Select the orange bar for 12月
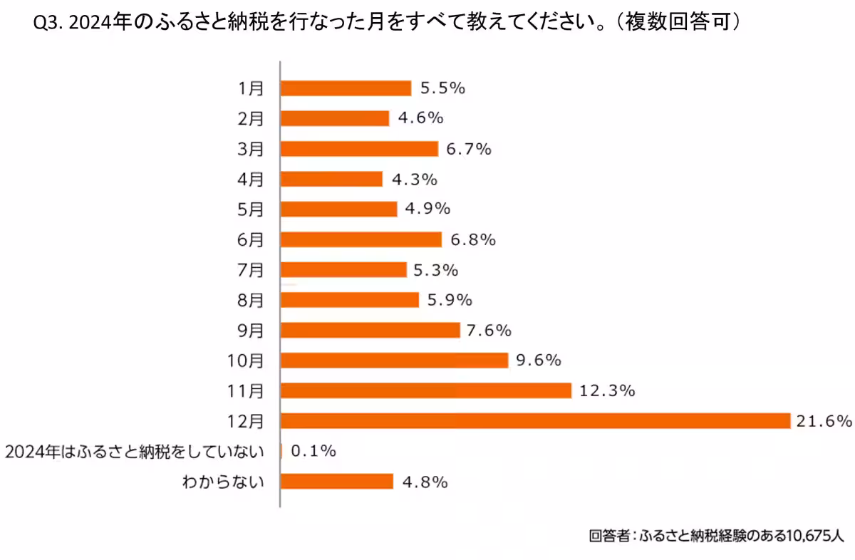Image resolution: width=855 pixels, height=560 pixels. click(x=535, y=420)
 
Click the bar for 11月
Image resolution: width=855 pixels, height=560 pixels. click(x=425, y=390)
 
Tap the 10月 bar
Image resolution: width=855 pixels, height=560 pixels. click(x=394, y=360)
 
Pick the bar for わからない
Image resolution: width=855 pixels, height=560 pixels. click(x=337, y=482)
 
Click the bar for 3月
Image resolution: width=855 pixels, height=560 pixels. click(x=359, y=148)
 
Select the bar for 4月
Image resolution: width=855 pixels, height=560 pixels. click(x=331, y=179)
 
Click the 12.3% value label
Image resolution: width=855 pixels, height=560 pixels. click(x=608, y=390)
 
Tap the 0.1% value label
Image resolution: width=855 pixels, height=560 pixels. click(x=313, y=451)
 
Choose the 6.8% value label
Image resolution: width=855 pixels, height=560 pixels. click(x=473, y=239)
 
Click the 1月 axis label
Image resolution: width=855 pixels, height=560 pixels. click(x=251, y=88)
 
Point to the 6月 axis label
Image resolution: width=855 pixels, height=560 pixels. click(x=251, y=239)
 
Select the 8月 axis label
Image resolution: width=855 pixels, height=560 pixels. click(x=251, y=300)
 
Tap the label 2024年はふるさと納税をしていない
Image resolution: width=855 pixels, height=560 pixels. click(x=135, y=451)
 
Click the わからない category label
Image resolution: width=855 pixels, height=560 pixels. click(x=223, y=482)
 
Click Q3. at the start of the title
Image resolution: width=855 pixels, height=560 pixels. click(x=49, y=24)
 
